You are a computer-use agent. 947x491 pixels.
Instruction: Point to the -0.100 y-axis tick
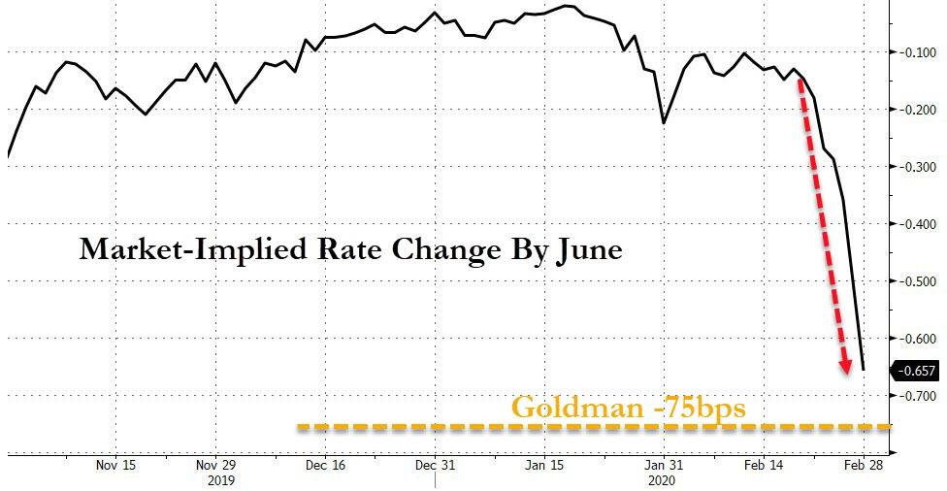click(915, 52)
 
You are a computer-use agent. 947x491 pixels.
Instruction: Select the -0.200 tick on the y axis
click(915, 110)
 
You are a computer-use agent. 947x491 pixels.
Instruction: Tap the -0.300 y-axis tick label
click(915, 167)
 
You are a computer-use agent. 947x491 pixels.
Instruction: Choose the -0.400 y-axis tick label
click(915, 224)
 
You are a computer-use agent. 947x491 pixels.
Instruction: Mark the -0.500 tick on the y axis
click(915, 281)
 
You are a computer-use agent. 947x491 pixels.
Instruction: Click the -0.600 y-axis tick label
click(915, 339)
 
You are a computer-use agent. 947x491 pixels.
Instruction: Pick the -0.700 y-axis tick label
click(915, 396)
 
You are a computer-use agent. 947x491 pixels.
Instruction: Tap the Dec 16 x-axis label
click(325, 465)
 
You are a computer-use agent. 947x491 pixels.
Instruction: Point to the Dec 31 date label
click(436, 465)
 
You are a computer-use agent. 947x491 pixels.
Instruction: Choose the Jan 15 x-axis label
click(543, 465)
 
